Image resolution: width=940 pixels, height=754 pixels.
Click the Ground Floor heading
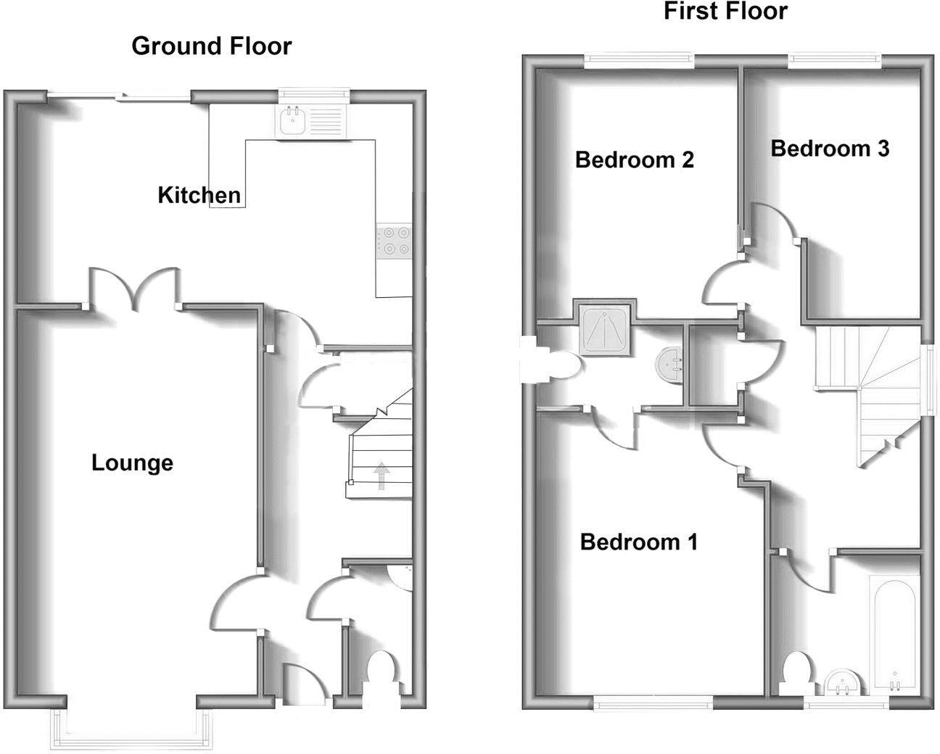[211, 46]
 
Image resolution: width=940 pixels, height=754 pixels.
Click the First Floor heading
[725, 12]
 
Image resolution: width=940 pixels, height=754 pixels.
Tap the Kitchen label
[199, 195]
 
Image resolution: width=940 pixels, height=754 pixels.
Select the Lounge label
[132, 463]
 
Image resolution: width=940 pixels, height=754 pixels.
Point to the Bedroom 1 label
[638, 542]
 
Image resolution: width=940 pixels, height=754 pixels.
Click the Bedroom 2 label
[634, 159]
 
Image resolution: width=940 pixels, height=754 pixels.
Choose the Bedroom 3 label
[829, 149]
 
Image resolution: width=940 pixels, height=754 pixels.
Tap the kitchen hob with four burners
[394, 241]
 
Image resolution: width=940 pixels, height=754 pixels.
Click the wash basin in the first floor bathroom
[844, 681]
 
